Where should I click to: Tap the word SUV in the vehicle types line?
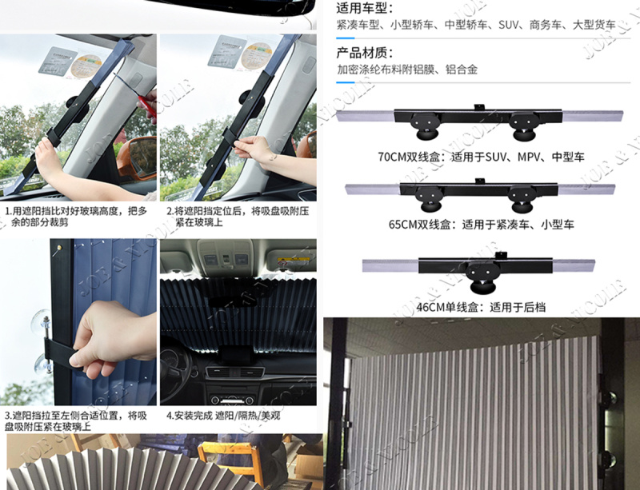click(x=508, y=25)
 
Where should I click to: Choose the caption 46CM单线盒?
click(x=450, y=307)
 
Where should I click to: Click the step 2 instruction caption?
click(x=238, y=217)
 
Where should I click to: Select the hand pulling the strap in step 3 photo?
click(x=110, y=337)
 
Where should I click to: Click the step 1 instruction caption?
click(x=75, y=217)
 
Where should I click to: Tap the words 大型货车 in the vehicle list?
click(x=594, y=25)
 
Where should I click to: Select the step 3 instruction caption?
click(x=75, y=421)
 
